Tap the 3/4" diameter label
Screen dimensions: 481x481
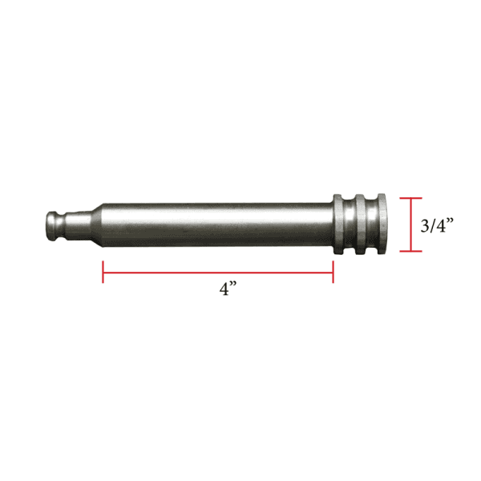pyautogui.click(x=437, y=226)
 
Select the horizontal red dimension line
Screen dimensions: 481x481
pyautogui.click(x=217, y=273)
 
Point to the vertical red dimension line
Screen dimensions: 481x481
pyautogui.click(x=410, y=224)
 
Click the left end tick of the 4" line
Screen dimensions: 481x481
pyautogui.click(x=103, y=273)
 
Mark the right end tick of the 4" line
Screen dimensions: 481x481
pyautogui.click(x=333, y=273)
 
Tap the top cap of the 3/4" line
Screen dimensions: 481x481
pyautogui.click(x=410, y=198)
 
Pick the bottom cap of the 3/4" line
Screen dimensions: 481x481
pyautogui.click(x=410, y=252)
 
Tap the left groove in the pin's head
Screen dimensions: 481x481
pyautogui.click(x=350, y=224)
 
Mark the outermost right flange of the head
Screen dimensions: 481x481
pyautogui.click(x=381, y=224)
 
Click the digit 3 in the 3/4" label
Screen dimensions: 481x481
pyautogui.click(x=425, y=226)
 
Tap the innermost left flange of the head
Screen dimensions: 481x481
pyautogui.click(x=339, y=224)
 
